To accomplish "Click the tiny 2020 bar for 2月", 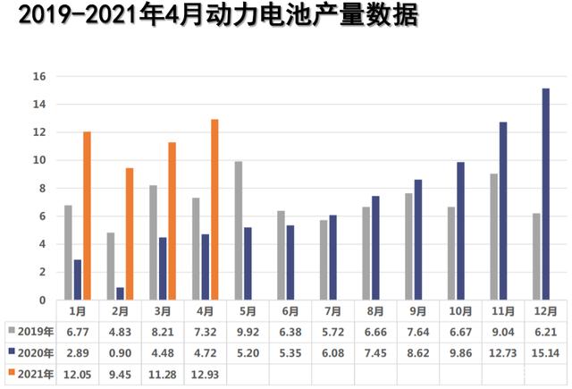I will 120,293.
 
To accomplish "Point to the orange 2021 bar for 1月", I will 87,216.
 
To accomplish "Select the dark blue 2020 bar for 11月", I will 503,211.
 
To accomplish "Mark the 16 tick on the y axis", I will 38,77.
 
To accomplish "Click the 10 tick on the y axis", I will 38,161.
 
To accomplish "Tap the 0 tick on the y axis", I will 40,300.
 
